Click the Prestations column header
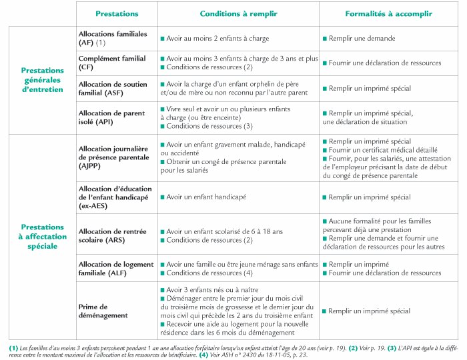click(117, 13)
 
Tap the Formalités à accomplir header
click(389, 13)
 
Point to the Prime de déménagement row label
click(103, 309)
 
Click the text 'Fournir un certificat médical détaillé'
click(378, 151)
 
